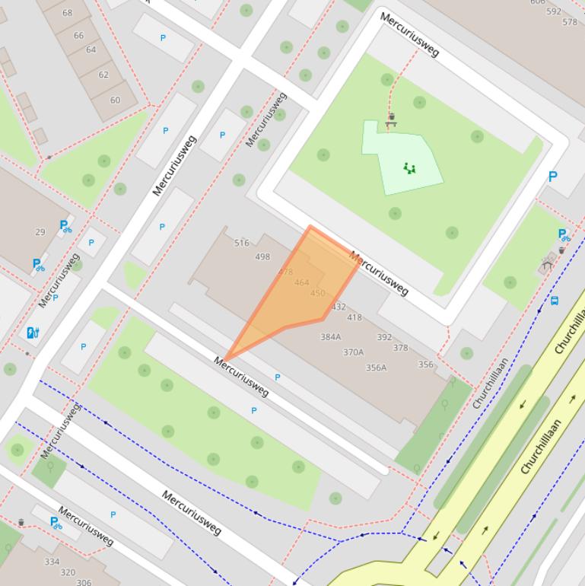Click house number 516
point(242,244)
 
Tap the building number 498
point(262,257)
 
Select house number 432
point(339,307)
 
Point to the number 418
point(354,318)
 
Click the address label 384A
point(330,337)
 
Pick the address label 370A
point(353,352)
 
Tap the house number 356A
point(376,368)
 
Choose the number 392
point(384,337)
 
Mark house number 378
point(400,349)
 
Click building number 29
point(40,232)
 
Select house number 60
point(115,100)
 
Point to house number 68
point(68,13)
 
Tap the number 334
point(52,562)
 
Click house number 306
point(84,582)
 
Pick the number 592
point(554,11)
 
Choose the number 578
point(570,22)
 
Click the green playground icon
point(410,168)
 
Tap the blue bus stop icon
point(555,301)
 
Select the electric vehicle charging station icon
point(33,333)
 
